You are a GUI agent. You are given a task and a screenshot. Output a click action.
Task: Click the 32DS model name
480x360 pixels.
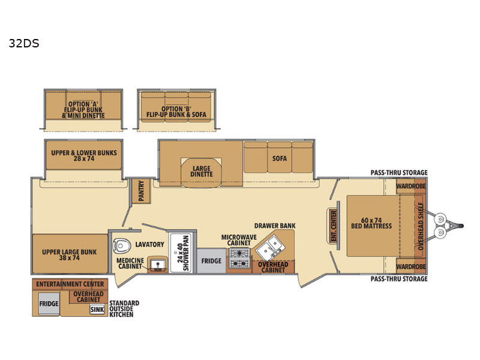24,43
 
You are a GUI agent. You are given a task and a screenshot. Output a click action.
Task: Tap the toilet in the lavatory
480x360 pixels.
121,245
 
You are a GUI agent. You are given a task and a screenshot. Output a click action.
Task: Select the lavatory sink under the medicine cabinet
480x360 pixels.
157,265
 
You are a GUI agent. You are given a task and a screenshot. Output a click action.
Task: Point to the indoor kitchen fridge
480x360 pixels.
211,261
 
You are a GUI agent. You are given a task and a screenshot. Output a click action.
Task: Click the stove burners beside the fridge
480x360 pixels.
239,259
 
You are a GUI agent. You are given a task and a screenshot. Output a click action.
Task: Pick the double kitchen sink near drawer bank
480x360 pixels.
270,248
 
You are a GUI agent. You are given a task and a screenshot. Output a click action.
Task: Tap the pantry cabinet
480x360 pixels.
141,191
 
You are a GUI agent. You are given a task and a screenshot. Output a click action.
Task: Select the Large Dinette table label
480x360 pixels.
202,172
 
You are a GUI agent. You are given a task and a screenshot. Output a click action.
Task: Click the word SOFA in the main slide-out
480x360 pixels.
280,158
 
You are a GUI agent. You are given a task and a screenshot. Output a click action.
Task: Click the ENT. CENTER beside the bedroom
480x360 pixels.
334,226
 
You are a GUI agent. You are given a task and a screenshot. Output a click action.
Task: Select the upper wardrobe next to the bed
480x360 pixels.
411,187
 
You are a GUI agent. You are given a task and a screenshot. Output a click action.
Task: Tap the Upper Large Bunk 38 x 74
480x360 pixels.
70,254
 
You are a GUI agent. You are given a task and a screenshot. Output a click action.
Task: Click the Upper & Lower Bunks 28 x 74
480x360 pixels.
84,155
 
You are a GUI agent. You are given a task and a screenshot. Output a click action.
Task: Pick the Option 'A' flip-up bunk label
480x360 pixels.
83,110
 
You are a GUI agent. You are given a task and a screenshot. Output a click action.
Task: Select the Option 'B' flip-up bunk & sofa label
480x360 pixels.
176,112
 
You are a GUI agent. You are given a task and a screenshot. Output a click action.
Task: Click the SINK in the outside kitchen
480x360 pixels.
97,310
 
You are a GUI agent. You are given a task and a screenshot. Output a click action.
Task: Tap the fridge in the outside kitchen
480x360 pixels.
49,304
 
